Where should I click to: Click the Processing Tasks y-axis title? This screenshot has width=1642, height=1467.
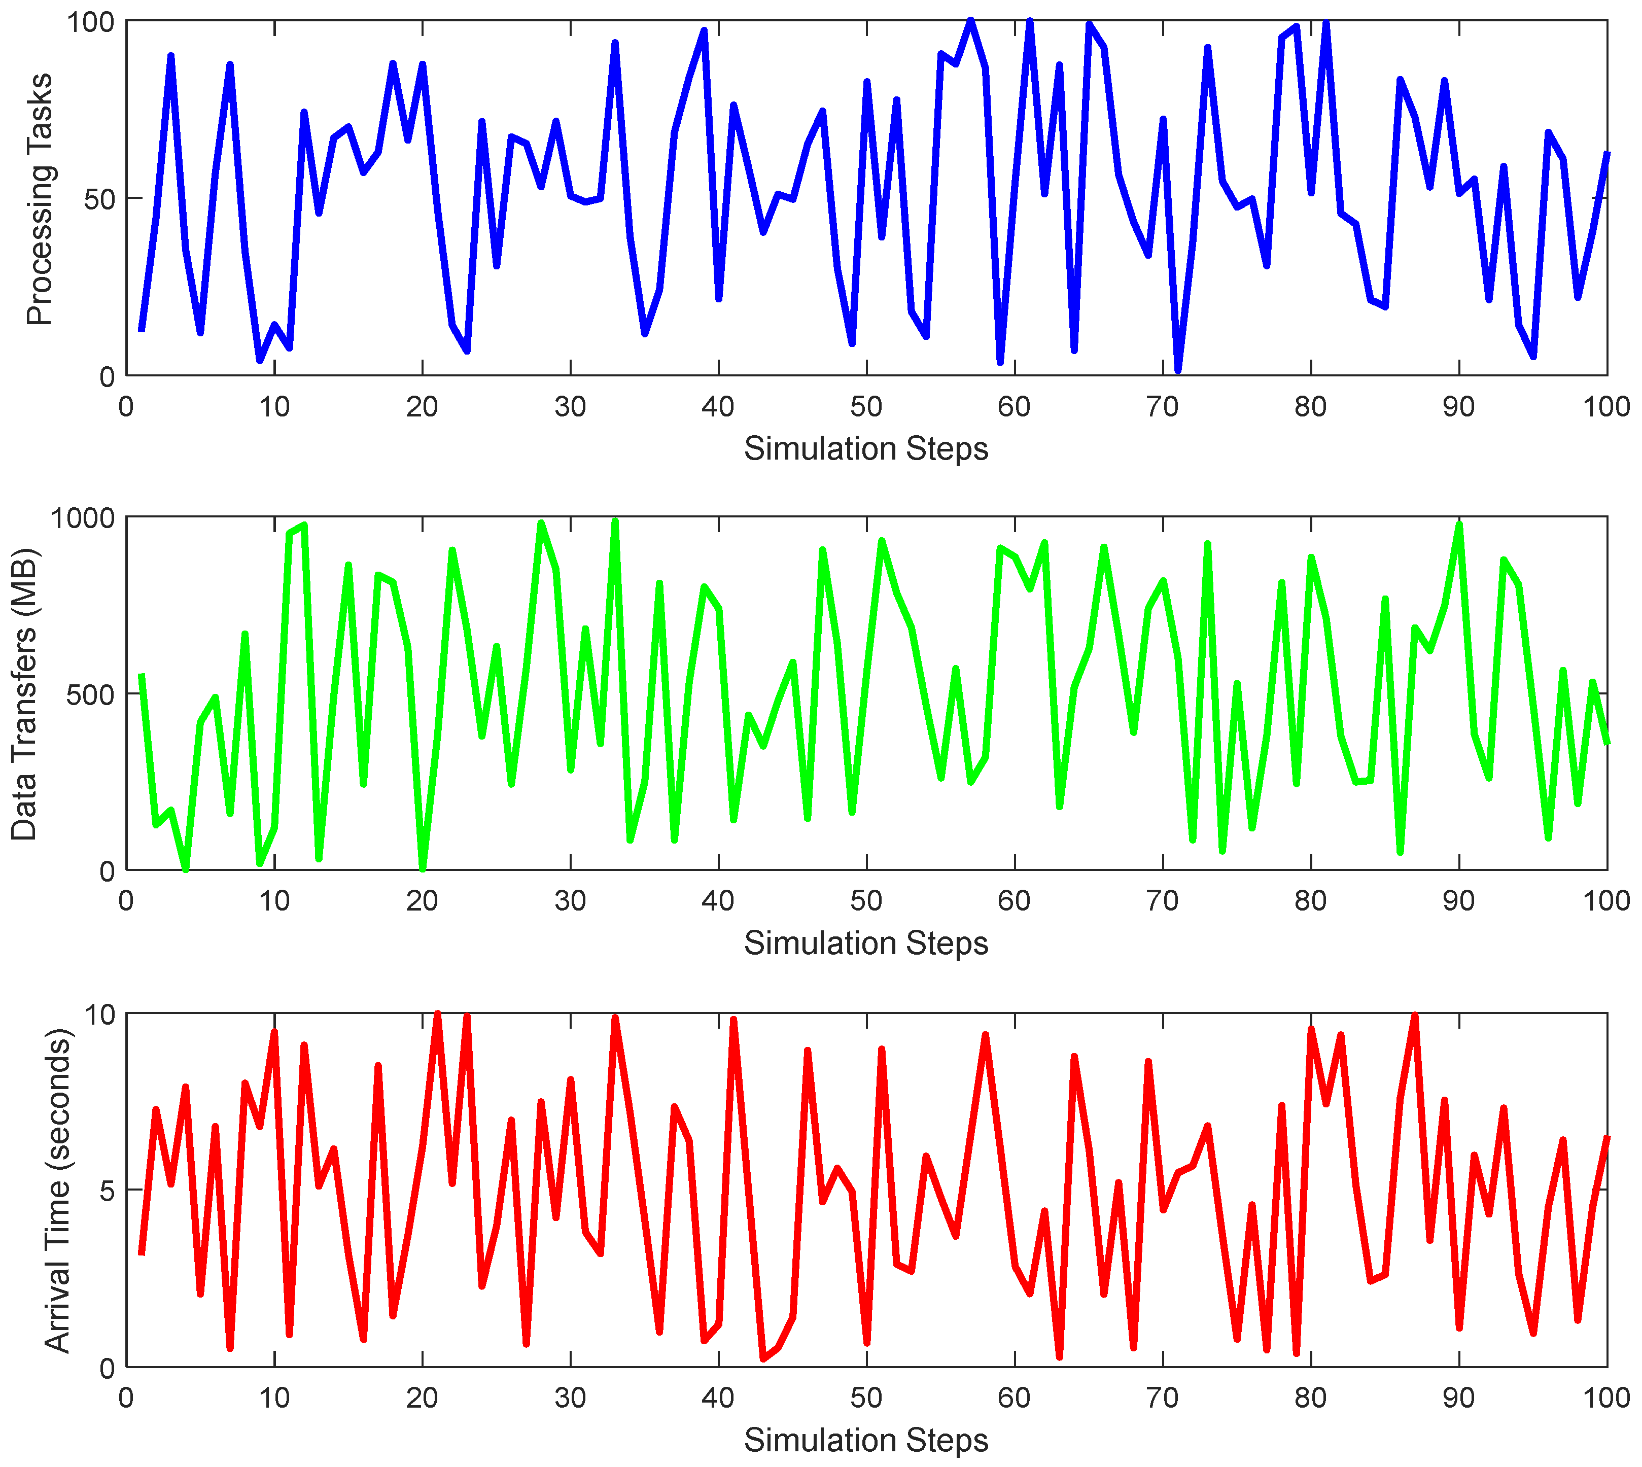39,199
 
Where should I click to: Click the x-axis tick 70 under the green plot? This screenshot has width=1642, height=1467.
1162,901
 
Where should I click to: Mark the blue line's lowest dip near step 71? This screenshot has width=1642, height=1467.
1178,370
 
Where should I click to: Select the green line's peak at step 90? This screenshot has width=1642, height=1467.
1459,525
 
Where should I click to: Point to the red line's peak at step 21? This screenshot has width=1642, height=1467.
437,1015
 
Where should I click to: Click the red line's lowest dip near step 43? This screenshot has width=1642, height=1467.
762,1359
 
